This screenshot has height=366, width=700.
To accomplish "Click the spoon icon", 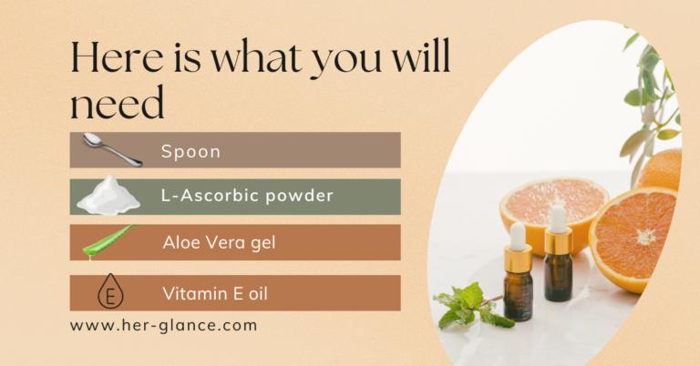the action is point(112,149).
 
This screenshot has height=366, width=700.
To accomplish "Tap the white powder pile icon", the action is point(108,195).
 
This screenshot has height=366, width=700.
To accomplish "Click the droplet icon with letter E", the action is point(110,291).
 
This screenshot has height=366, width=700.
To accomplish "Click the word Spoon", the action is point(190,151).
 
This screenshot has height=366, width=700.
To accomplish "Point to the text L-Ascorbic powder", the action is point(247,196).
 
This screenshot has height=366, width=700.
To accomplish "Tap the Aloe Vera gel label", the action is point(219,243).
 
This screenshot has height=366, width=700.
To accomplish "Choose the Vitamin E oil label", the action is point(215,294).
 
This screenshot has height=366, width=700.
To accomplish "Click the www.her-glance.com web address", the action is point(163,325).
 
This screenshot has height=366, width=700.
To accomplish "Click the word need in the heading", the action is point(118,103).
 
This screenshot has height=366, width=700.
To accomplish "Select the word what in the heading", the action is point(256,57).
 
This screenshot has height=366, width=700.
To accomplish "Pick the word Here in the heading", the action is point(118,57).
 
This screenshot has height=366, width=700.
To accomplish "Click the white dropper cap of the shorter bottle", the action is point(518,237).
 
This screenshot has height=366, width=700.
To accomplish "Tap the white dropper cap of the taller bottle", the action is point(558,219).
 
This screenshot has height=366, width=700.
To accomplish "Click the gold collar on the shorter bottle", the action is point(518,259).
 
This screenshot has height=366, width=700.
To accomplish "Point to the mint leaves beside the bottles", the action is point(471,306).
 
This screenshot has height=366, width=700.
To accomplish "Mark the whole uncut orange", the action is point(661,170).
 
